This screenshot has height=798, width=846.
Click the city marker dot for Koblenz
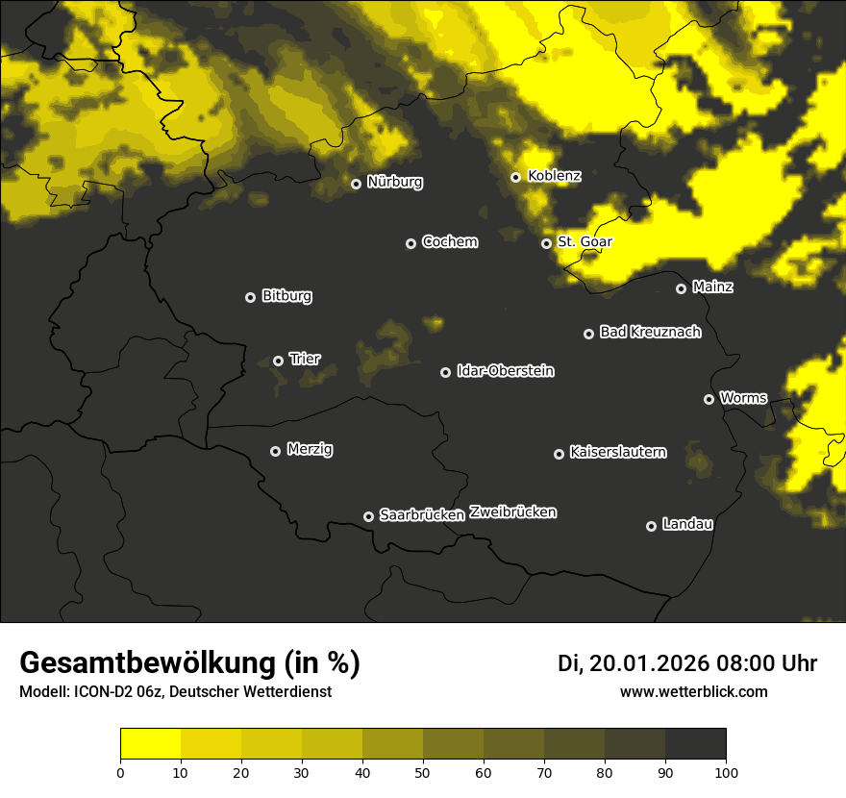click(515, 177)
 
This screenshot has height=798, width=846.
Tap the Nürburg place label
click(394, 182)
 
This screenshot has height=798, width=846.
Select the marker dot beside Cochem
click(411, 243)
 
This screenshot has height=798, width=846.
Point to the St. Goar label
click(585, 242)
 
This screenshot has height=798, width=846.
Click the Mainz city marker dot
click(681, 288)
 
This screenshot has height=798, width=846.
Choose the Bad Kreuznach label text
click(650, 332)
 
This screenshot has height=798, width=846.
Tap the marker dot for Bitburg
click(250, 297)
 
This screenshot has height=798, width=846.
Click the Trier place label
click(305, 359)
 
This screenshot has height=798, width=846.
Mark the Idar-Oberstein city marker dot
click(445, 372)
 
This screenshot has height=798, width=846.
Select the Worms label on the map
click(743, 397)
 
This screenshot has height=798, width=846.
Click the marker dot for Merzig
click(275, 451)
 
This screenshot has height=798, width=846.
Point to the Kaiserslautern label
click(617, 452)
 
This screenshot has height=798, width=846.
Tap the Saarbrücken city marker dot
click(368, 516)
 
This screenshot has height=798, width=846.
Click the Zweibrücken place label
click(512, 512)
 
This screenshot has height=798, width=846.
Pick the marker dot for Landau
click(651, 526)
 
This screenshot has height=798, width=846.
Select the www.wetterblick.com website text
click(693, 691)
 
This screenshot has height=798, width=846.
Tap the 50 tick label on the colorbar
click(423, 772)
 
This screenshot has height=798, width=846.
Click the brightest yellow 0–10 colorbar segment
click(151, 744)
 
